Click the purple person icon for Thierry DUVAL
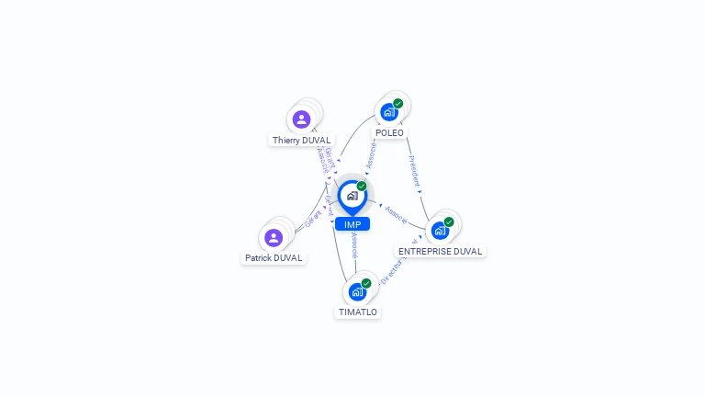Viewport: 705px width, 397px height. [301, 119]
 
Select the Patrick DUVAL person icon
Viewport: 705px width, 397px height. [273, 238]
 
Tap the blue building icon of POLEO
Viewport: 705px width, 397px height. [388, 112]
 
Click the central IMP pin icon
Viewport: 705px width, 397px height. [352, 196]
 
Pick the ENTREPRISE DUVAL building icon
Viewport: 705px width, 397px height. [440, 230]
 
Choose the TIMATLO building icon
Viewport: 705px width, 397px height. [357, 291]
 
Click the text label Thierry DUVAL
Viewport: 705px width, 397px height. [301, 141]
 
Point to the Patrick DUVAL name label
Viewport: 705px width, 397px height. [274, 258]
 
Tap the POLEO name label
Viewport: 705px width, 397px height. [389, 133]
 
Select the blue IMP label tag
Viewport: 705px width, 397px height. [352, 224]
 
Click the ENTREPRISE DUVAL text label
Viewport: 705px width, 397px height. [440, 251]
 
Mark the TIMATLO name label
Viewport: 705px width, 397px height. [357, 312]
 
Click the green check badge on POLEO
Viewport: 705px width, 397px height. [397, 104]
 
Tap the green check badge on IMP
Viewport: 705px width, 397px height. [362, 186]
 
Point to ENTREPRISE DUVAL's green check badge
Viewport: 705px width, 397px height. [449, 221]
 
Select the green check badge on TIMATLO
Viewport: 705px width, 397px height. [366, 283]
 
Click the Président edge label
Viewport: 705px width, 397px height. [414, 171]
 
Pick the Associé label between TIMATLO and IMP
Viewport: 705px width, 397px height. [354, 244]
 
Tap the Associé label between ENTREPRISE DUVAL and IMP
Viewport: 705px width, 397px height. [396, 214]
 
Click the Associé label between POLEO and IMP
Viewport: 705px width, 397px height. [370, 153]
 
